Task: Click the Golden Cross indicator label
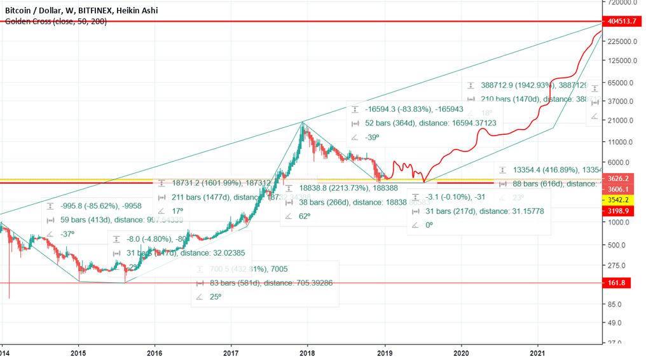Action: (x=55, y=22)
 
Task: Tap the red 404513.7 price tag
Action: (x=621, y=22)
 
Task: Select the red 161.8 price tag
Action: (x=617, y=282)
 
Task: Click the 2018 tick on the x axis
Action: (x=307, y=352)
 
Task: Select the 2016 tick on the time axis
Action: (x=155, y=352)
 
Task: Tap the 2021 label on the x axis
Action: (x=538, y=352)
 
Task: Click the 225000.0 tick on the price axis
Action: (x=622, y=41)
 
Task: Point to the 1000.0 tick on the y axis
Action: (x=618, y=222)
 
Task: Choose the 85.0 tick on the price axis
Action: (x=615, y=304)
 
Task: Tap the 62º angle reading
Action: (x=305, y=216)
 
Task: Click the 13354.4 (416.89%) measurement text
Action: (x=556, y=170)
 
